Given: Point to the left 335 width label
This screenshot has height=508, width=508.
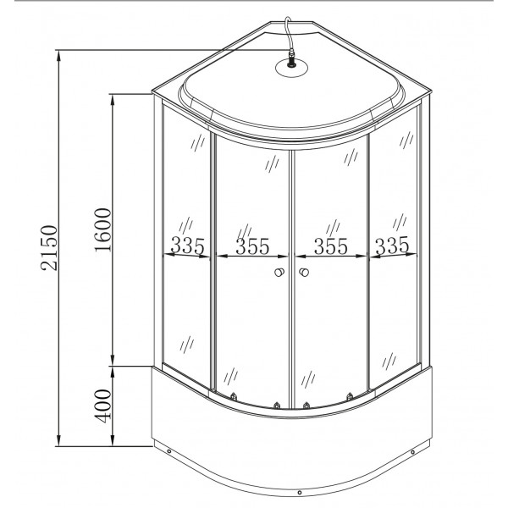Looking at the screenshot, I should click(x=189, y=246).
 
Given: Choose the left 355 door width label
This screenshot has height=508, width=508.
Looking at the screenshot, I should click(x=252, y=246).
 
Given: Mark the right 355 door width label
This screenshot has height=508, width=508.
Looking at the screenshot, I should click(x=331, y=246).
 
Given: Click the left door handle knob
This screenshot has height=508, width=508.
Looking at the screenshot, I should click(x=279, y=273).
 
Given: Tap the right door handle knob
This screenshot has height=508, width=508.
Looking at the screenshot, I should click(x=303, y=273).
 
